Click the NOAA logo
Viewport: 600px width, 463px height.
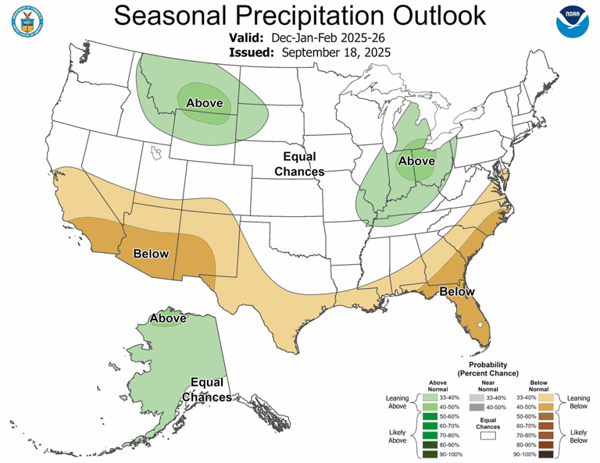(x=574, y=24)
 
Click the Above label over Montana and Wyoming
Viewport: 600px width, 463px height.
(x=204, y=103)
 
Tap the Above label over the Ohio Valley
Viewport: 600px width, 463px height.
(x=416, y=162)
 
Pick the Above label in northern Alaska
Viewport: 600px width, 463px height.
(x=168, y=319)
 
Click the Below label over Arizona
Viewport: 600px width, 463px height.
(x=152, y=254)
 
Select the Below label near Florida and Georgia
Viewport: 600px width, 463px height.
(x=456, y=292)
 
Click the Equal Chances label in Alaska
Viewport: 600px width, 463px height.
(x=206, y=390)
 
